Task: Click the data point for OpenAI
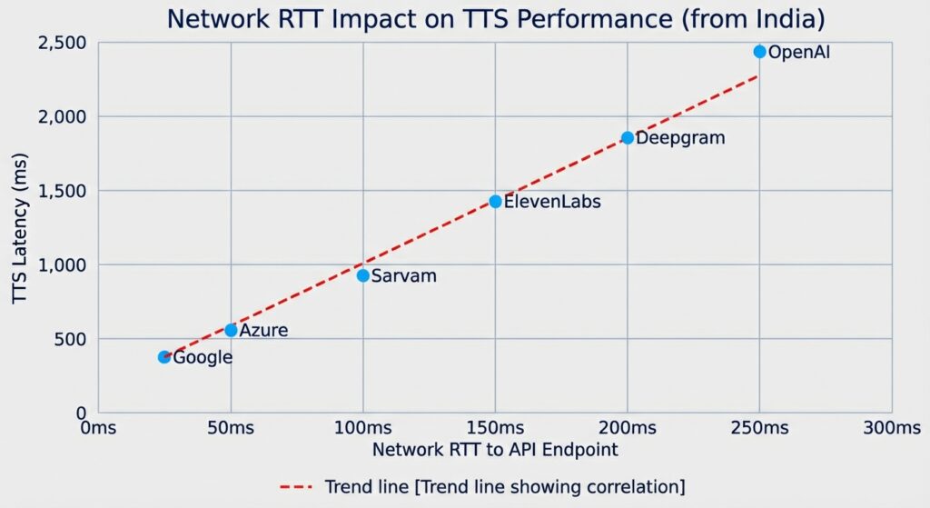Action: pos(759,52)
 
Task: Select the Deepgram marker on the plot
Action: pos(628,138)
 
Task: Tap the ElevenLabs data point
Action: pos(495,202)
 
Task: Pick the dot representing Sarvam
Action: pos(363,275)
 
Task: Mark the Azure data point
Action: pos(231,331)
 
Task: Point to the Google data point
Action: pos(164,357)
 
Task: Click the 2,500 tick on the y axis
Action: pos(63,44)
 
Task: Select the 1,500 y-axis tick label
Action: pos(63,192)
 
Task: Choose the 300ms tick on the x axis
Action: pos(891,428)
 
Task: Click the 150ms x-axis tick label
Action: pos(495,428)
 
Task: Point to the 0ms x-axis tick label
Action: pos(98,428)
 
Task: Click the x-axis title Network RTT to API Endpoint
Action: pos(496,449)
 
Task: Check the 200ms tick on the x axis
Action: pos(628,428)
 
